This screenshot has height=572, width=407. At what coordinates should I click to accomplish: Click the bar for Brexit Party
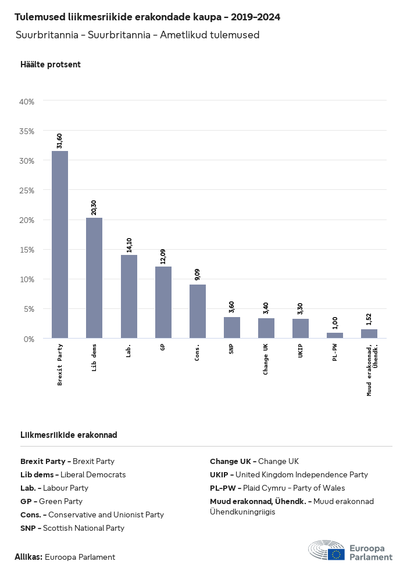pos(60,244)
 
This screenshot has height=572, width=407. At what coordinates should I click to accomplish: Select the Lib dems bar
pos(94,278)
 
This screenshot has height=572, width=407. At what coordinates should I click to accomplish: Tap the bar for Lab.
pos(129,296)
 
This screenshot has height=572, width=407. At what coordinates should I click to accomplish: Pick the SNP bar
pos(232,328)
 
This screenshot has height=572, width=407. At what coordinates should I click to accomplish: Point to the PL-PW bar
pos(335,335)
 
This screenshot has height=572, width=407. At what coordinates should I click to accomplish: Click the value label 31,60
pos(60,141)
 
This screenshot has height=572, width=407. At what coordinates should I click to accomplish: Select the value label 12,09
pos(163,256)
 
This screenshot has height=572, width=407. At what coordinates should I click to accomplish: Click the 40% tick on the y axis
pos(27,102)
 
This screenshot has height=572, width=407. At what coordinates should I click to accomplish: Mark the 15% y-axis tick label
pos(27,250)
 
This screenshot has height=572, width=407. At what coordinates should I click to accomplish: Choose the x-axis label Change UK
pos(266,359)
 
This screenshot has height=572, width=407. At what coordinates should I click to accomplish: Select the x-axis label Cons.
pos(198,352)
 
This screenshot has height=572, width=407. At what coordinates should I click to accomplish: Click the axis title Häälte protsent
pos(51,64)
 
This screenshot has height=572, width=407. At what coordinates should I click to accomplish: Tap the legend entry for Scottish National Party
pos(72,528)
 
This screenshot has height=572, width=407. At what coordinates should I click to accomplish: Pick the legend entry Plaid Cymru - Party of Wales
pos(277,488)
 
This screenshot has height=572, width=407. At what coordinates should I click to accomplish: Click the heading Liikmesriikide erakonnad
pos(69,435)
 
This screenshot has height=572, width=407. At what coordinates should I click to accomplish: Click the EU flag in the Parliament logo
pos(336,554)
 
